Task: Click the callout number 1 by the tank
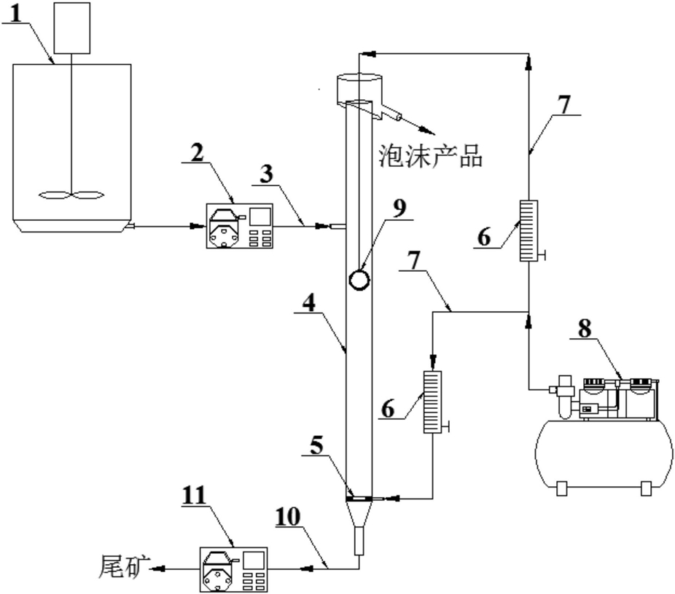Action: coord(15,13)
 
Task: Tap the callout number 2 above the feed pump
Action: coord(197,153)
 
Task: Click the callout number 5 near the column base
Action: coord(316,445)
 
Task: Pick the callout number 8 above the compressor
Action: coord(585,329)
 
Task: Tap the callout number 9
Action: coord(399,209)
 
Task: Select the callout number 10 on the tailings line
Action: coord(287,517)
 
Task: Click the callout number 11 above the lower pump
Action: coord(194,496)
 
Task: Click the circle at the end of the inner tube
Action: coord(359,280)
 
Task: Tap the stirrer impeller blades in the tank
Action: coord(71,195)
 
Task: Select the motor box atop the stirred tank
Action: coord(72,28)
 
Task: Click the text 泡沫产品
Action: coord(430,155)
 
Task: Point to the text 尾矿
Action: coord(125,566)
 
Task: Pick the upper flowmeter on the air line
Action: coord(528,230)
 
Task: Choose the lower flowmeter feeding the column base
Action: coord(433,402)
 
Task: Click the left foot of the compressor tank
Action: coord(562,488)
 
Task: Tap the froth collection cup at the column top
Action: coord(359,89)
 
